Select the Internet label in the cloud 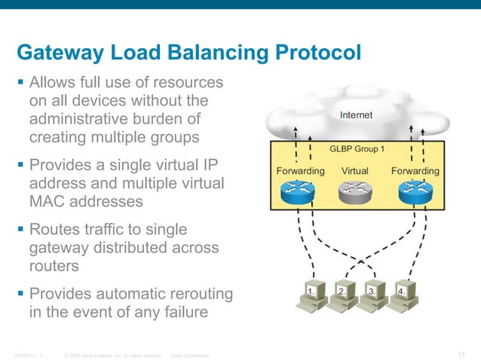[356, 115]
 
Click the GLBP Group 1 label [357, 148]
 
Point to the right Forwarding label [415, 171]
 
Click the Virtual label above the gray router [355, 171]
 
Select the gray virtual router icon [355, 193]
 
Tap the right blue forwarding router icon [414, 193]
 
